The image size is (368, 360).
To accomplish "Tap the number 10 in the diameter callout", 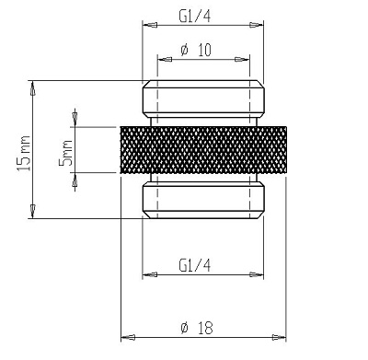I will click(x=204, y=51).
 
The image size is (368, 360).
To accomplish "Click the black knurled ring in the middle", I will click(x=202, y=148).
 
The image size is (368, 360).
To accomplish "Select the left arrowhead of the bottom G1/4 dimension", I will click(x=145, y=274).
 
